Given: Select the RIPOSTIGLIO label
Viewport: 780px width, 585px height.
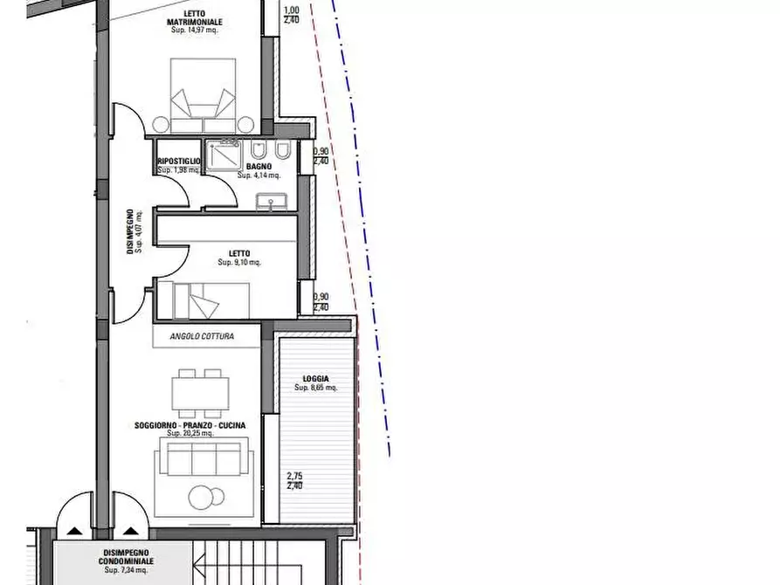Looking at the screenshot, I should coord(179,162).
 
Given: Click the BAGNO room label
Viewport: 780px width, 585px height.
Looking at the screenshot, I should coord(258,166).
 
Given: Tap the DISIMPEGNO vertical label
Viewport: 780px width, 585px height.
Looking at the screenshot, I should coord(129,231).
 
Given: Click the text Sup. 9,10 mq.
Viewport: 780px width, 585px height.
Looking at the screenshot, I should coord(239,262).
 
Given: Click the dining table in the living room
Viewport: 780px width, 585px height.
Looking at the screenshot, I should coord(201,391).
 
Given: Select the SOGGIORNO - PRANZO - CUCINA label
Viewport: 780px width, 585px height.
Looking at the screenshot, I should coord(190,425).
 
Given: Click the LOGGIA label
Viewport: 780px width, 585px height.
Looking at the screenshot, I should coord(315,379).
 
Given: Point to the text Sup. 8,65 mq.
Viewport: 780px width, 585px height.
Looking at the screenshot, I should coord(315,388).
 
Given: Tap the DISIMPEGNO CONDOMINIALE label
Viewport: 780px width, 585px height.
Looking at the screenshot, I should coord(124,557).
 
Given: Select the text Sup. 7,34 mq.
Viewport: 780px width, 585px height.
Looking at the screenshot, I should coord(124,570).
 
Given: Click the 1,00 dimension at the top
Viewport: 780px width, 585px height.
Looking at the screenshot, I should coord(293,10).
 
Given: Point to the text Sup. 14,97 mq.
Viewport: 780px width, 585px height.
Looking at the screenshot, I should coord(193,30).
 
